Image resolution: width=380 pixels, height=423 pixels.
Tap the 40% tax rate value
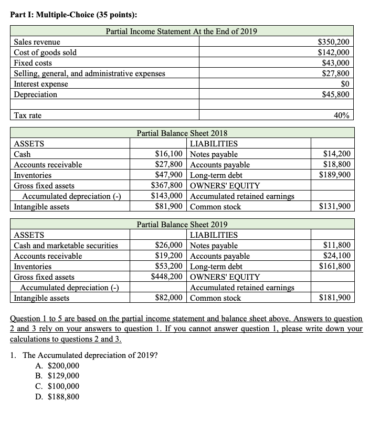[x=343, y=115]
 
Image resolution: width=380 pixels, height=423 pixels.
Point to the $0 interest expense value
[x=345, y=84]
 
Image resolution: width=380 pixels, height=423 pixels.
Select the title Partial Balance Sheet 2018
[x=182, y=133]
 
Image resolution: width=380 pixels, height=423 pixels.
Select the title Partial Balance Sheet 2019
[x=182, y=224]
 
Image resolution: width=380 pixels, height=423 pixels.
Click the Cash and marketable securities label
[x=66, y=246]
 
